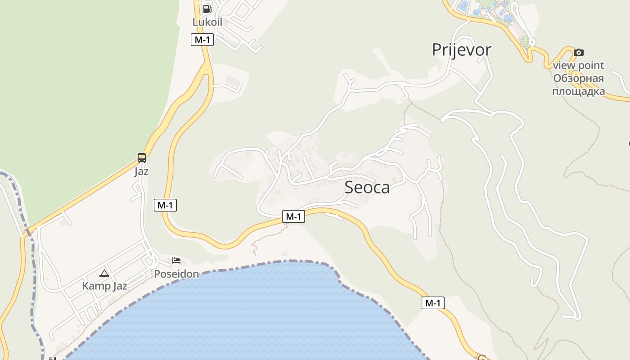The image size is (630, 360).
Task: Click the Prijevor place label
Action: (x=461, y=49)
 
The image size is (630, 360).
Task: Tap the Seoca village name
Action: (x=367, y=187)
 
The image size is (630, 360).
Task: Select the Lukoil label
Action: (x=207, y=22)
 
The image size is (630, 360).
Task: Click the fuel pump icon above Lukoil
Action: (x=207, y=9)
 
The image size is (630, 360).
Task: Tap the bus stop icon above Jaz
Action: (x=141, y=158)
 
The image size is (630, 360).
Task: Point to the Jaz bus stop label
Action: (x=141, y=171)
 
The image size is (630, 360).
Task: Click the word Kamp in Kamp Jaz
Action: (x=93, y=286)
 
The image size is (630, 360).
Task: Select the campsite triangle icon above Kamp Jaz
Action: (x=104, y=273)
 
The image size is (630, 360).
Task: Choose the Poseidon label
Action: (x=176, y=274)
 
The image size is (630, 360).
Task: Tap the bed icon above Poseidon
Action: (x=176, y=261)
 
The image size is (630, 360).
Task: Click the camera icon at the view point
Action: (x=579, y=52)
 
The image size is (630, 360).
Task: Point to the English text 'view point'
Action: (x=578, y=65)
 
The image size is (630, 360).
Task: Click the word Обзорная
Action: (x=578, y=78)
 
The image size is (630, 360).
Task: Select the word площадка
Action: (x=578, y=91)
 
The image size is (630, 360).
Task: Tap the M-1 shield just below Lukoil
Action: (x=202, y=40)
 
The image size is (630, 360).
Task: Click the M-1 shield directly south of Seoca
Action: (x=293, y=217)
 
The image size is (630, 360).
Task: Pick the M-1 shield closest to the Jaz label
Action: (x=165, y=205)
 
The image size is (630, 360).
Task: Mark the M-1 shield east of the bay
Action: (x=433, y=303)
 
